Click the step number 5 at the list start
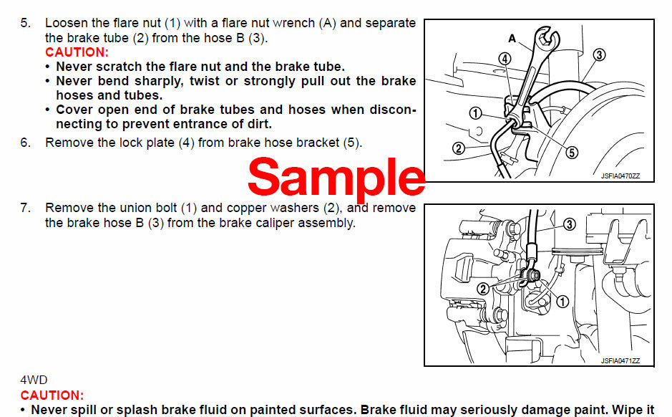point(25,23)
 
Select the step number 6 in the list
point(25,143)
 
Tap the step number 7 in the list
point(25,208)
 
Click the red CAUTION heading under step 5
point(77,52)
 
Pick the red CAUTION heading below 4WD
point(52,396)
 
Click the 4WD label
point(33,380)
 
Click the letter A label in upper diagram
point(512,37)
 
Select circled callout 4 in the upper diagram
point(505,59)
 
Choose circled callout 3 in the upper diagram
point(599,54)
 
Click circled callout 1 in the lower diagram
point(562,302)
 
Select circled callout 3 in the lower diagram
point(569,224)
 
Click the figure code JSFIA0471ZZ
point(620,360)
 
